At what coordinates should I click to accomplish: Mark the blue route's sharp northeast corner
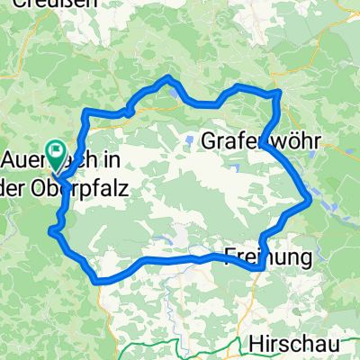pos(280,92)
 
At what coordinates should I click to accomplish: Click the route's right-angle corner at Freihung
pos(259,267)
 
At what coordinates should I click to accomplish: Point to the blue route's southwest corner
pos(97,281)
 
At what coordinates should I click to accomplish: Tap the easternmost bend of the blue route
pos(310,198)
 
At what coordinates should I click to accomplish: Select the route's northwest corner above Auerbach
pos(86,112)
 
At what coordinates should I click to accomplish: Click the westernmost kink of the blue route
pos(53,232)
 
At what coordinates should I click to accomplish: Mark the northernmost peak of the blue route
pos(167,78)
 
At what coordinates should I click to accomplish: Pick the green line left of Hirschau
pos(180,346)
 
